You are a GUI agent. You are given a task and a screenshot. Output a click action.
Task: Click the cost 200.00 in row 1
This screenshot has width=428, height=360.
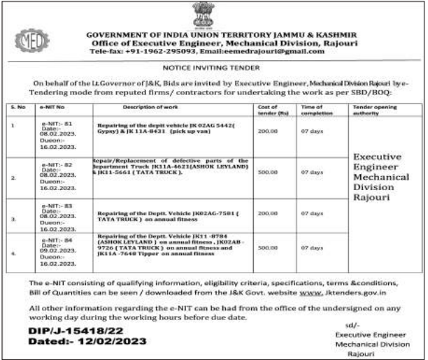tap(268, 131)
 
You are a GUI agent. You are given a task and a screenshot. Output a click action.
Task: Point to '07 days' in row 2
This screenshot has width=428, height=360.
tap(312, 171)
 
